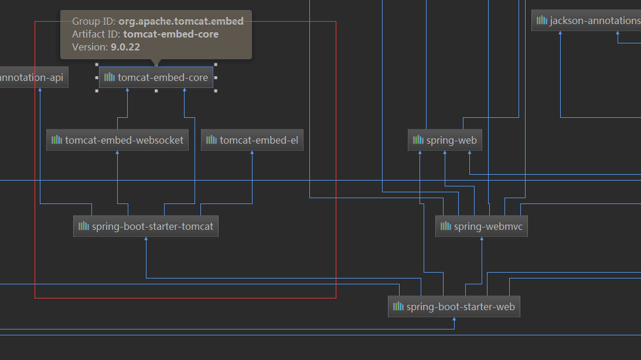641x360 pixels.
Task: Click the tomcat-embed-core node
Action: point(156,77)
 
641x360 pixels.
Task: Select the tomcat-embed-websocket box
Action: point(118,140)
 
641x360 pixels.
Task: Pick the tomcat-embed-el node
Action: point(252,140)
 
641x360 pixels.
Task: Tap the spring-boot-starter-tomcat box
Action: point(146,226)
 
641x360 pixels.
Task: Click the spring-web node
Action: point(445,140)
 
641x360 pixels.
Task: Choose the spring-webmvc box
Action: point(482,226)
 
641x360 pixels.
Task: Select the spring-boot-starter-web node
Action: point(454,307)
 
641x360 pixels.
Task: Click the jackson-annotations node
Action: point(586,21)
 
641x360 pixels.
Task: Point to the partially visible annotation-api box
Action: point(33,77)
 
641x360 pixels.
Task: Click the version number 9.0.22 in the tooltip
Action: point(125,47)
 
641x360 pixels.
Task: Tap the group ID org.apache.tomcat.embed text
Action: point(181,21)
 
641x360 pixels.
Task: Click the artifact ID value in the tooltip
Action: point(171,34)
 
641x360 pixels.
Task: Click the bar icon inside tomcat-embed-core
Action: point(110,77)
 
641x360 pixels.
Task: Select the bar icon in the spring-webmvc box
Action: point(446,226)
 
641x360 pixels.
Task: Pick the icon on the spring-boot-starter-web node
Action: point(398,307)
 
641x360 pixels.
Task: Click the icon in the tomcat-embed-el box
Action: point(212,140)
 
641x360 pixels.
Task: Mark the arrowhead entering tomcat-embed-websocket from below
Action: point(118,153)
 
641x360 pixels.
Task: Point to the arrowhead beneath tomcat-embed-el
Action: point(252,153)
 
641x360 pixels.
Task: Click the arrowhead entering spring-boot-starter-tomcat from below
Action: point(146,239)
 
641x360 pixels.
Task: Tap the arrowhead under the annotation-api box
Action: point(40,90)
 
